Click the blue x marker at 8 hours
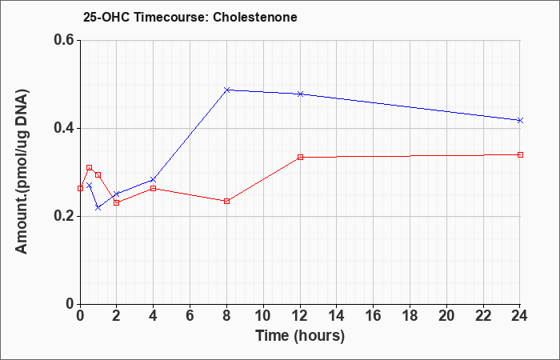226,90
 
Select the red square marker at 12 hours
300,157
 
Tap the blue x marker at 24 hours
520,120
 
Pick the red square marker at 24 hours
520,154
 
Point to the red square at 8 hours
226,201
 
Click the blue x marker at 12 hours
300,94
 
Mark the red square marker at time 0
80,188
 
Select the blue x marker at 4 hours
154,180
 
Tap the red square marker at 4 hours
154,188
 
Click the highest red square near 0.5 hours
90,167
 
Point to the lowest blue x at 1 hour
98,207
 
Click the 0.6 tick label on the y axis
64,40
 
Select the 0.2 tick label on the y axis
64,216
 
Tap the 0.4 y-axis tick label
64,128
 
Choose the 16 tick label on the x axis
374,316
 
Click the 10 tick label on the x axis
263,316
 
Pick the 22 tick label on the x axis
483,316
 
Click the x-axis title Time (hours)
300,336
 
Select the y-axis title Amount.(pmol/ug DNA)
22,171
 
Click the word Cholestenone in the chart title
255,17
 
